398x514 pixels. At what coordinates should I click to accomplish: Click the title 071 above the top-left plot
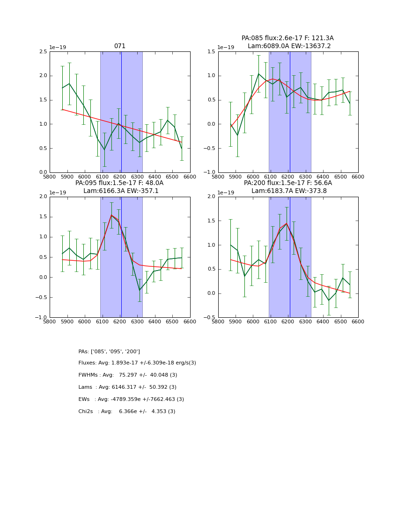click(x=120, y=46)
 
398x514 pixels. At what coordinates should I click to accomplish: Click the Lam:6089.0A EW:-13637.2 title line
click(x=287, y=46)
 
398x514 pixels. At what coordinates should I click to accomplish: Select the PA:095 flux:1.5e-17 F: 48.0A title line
click(x=119, y=183)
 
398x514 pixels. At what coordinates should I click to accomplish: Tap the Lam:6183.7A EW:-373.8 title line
click(x=287, y=191)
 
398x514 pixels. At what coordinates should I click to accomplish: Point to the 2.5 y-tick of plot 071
click(x=43, y=51)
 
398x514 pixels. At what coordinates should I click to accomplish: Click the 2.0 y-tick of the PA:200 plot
click(x=212, y=197)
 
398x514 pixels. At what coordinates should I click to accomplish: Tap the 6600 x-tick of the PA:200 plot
click(x=358, y=321)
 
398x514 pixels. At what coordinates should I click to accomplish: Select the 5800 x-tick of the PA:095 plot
click(x=50, y=321)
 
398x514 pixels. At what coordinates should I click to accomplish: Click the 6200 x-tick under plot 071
click(x=120, y=177)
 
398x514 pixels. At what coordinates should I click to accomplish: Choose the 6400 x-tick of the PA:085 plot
click(x=323, y=177)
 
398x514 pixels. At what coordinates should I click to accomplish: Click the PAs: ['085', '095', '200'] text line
click(x=109, y=351)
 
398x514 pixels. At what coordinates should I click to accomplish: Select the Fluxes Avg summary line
click(x=137, y=363)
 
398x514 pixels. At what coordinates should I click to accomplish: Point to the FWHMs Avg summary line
click(x=128, y=375)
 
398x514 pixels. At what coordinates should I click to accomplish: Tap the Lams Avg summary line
click(x=127, y=387)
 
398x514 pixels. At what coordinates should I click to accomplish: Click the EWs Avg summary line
click(x=131, y=400)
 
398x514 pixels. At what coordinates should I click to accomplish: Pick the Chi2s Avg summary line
click(x=127, y=412)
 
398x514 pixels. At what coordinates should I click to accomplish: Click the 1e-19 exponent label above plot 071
click(x=58, y=48)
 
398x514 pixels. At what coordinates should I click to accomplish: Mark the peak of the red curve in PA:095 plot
click(x=111, y=215)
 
